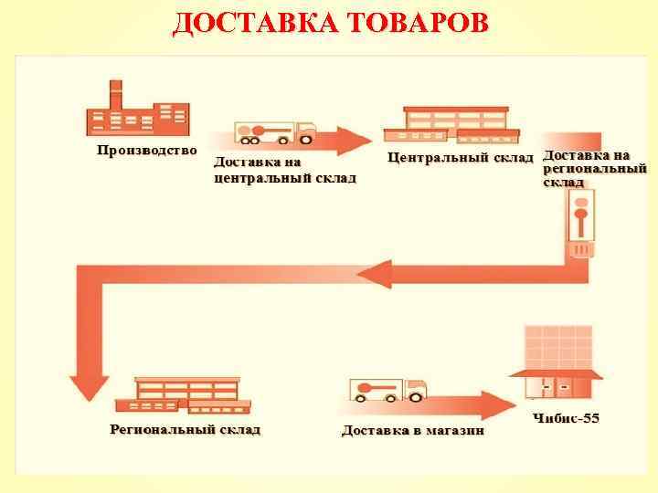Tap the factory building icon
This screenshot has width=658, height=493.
coord(133,110)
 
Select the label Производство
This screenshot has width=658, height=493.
coord(147,151)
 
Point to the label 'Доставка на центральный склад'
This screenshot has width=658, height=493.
coord(284,171)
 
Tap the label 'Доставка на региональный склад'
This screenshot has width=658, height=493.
coord(595,169)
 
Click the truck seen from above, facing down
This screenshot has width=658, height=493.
coord(580,224)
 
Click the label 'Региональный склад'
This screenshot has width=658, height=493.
coord(186,429)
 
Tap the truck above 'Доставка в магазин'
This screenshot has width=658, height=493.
coord(388,390)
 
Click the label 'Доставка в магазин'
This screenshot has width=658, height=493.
coord(413,430)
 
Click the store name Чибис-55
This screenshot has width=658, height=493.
coord(566,419)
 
